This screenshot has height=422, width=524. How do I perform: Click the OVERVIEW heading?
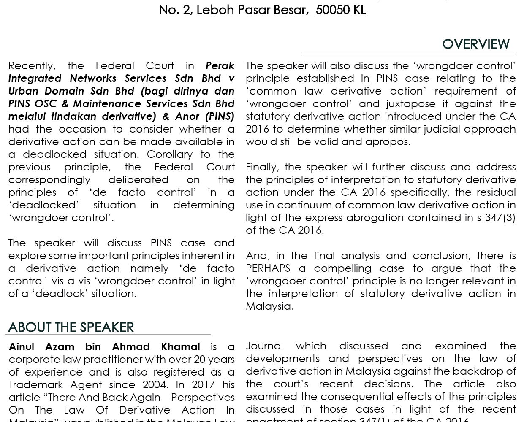click(475, 44)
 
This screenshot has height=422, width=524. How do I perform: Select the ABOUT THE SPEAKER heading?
click(71, 327)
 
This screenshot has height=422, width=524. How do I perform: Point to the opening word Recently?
click(32, 66)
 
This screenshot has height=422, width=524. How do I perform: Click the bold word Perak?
click(220, 66)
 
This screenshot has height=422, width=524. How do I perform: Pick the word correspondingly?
click(49, 180)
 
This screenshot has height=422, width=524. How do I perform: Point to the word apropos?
click(387, 142)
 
